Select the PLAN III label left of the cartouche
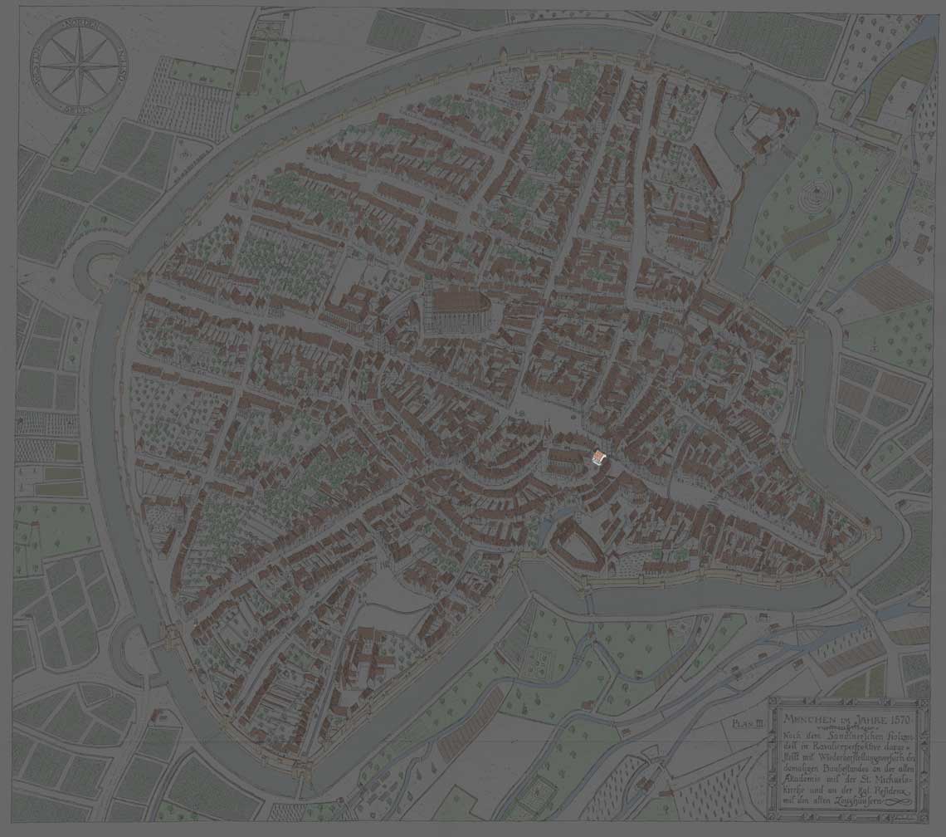click(747, 725)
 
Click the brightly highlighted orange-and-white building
click(597, 458)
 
